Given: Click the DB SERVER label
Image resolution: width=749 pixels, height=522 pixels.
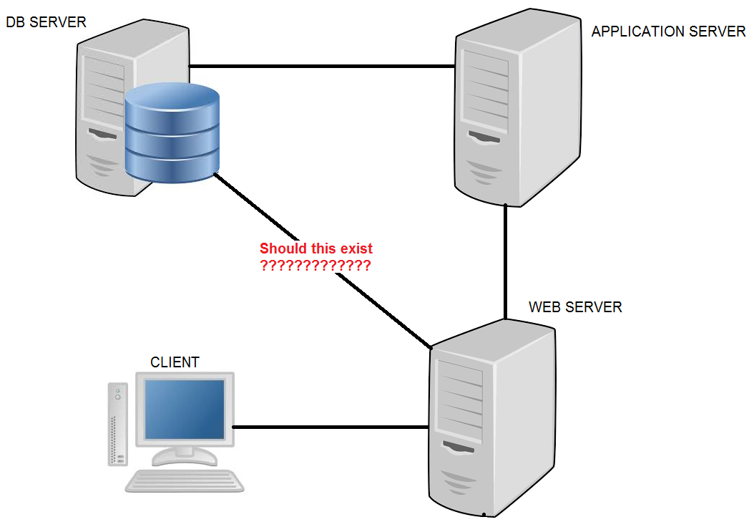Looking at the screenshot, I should point(46,22).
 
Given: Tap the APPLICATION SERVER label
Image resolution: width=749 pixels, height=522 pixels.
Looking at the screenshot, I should point(668,32).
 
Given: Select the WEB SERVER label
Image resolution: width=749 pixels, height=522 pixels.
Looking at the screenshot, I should point(575,307).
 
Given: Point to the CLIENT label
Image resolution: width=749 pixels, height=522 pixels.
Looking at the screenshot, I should point(175,362).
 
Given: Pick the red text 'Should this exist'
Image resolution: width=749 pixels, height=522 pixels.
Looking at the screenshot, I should point(316,249).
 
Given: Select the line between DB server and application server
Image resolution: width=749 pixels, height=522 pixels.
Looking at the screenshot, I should point(322,67).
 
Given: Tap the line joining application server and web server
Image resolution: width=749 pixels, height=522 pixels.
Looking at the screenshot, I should point(505,261).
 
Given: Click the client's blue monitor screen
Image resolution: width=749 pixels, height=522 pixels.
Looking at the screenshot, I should point(185,409).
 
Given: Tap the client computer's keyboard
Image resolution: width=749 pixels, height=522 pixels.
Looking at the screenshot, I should point(185,480).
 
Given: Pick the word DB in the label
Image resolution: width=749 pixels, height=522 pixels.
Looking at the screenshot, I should point(15,22).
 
